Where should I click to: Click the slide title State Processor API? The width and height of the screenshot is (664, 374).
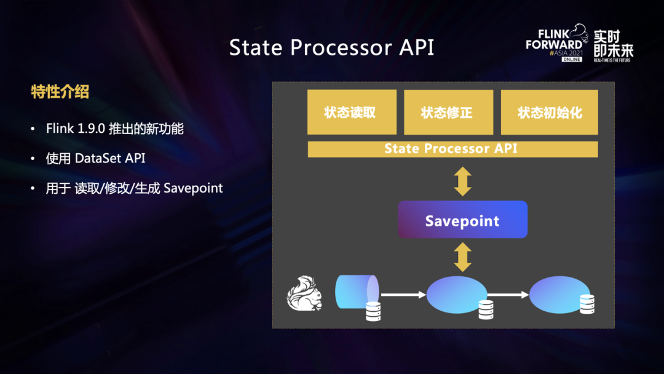coord(331,47)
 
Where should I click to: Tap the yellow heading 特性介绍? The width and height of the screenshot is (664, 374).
coord(60,92)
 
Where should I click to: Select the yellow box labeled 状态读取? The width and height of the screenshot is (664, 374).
coord(352,112)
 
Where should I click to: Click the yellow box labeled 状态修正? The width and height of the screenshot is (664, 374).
coord(448,112)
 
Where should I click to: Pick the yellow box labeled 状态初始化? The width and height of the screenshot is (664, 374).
coord(549,112)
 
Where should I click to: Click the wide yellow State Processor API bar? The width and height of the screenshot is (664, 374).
coord(453,149)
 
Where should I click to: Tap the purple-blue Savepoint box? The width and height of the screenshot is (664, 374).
coord(462,220)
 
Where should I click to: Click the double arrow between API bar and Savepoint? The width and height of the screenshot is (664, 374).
coord(462,181)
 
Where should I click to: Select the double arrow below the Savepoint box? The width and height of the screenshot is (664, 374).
coord(462,257)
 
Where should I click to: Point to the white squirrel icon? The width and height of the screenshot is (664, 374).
coord(304,293)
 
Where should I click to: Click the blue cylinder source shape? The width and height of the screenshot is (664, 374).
coord(357,292)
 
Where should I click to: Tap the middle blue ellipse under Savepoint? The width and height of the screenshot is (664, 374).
coord(456,295)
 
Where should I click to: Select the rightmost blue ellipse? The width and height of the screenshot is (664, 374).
coord(559,295)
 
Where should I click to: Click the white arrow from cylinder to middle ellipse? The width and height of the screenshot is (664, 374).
coord(403,295)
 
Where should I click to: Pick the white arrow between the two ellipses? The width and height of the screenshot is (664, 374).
coord(508,295)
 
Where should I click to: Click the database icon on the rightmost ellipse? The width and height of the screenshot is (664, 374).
coord(587,304)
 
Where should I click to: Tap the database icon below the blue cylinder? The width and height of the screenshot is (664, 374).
coord(373,311)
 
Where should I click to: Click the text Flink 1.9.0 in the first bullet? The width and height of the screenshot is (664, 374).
coord(76,129)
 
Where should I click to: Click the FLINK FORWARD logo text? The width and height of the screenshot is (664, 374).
coord(554,39)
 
